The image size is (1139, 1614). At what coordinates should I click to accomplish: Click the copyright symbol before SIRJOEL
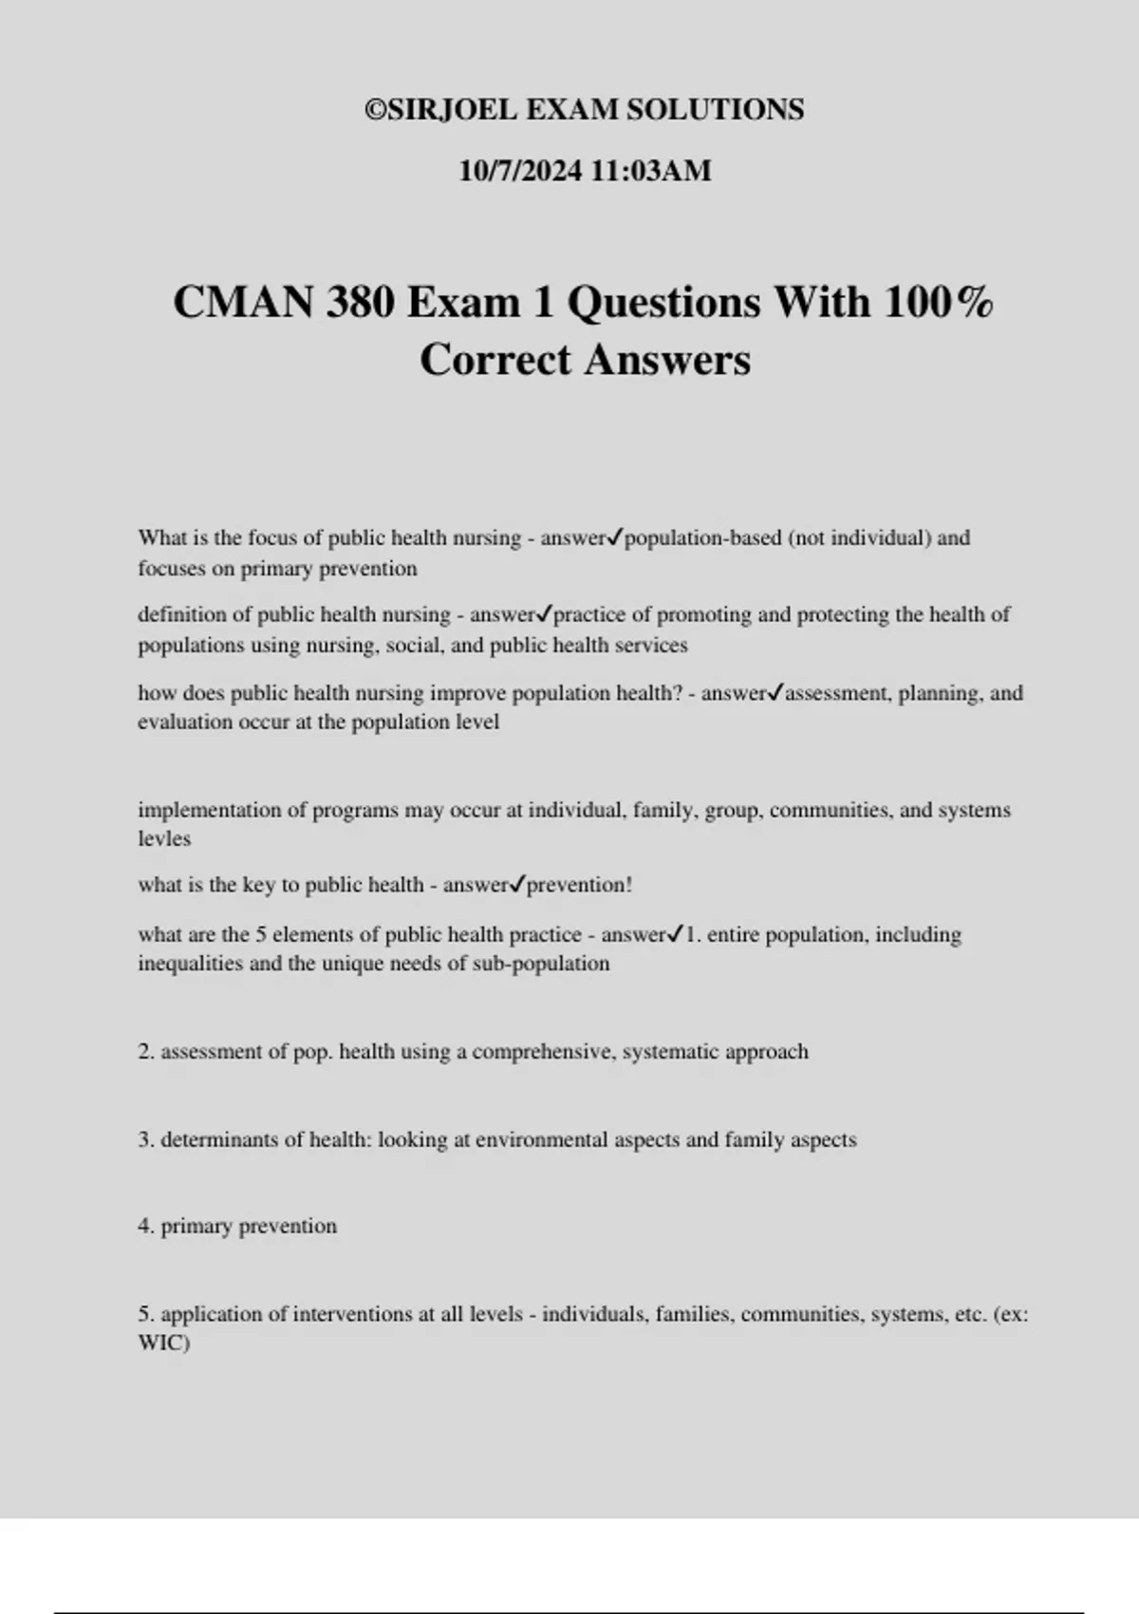click(x=376, y=110)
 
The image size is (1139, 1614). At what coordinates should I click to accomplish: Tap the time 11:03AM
click(x=650, y=171)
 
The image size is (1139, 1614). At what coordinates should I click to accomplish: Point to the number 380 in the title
click(x=361, y=303)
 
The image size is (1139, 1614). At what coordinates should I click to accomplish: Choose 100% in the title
click(x=939, y=303)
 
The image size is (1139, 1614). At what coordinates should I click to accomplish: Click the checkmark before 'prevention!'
click(x=517, y=885)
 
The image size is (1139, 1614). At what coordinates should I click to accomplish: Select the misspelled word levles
click(x=164, y=839)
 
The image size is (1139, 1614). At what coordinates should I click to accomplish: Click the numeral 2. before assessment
click(x=146, y=1052)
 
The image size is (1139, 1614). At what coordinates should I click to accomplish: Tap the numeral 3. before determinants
click(x=146, y=1140)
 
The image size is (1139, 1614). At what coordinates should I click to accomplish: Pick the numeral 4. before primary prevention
click(x=146, y=1227)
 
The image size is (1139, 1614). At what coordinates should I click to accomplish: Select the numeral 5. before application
click(x=146, y=1315)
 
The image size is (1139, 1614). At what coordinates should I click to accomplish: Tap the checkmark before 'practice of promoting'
click(x=544, y=615)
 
